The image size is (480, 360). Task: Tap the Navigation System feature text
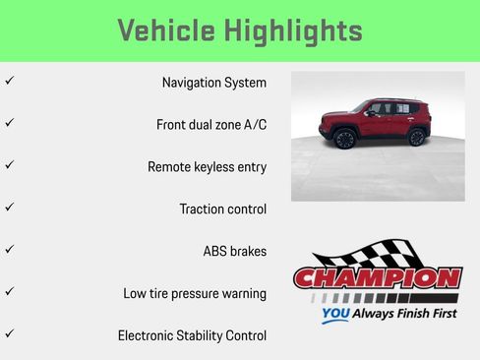[213, 83]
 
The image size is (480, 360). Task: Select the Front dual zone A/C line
[210, 125]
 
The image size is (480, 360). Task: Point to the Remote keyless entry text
[207, 167]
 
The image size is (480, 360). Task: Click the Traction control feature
[222, 210]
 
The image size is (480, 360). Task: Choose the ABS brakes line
[234, 251]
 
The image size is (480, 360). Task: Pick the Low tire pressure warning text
[195, 293]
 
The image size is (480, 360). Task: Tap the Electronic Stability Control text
[192, 335]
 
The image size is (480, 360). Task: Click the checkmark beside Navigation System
[9, 82]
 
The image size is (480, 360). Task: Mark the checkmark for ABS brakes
[9, 250]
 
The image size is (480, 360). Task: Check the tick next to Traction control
[9, 208]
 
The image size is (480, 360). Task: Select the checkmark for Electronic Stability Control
[9, 334]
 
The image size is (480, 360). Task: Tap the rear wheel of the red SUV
[416, 138]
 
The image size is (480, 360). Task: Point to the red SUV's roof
[393, 100]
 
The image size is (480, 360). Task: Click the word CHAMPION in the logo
[377, 278]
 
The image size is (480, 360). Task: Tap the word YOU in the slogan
[335, 316]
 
